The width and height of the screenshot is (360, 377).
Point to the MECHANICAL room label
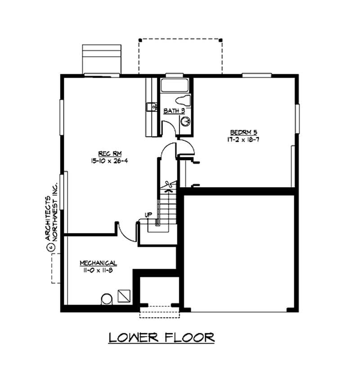(99, 263)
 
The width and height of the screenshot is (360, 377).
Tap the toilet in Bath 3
(183, 100)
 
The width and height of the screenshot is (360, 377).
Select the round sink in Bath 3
(185, 121)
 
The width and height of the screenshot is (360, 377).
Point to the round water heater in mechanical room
(107, 299)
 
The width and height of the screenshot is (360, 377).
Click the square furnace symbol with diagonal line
(124, 296)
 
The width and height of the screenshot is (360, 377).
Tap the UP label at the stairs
(148, 215)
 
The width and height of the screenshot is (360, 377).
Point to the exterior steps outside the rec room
(101, 58)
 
